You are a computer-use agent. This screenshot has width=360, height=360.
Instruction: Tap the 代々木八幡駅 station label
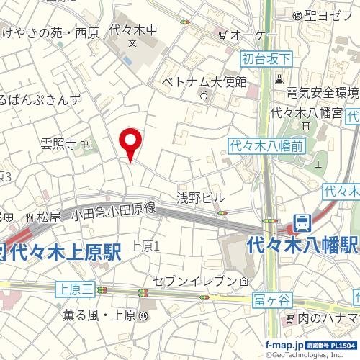[302, 246]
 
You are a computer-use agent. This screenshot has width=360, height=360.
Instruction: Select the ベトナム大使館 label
[204, 81]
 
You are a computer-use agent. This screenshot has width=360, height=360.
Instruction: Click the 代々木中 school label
[133, 32]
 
